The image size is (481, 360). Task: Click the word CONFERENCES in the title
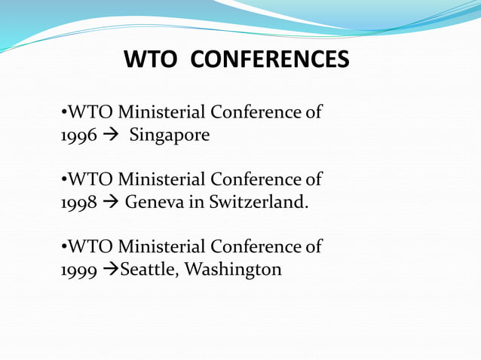point(269,59)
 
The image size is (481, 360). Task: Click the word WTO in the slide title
point(150,59)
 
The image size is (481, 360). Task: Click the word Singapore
point(170,136)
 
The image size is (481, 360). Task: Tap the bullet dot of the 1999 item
point(63,247)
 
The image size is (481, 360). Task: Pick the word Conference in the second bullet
point(256,180)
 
